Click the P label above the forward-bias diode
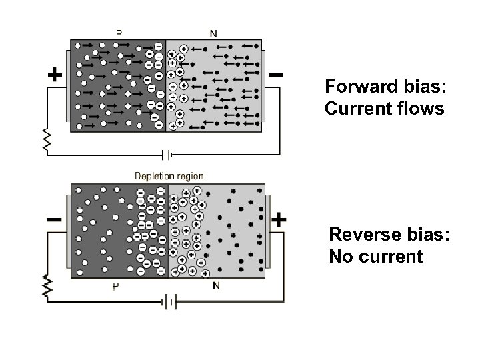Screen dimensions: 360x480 (x=119, y=31)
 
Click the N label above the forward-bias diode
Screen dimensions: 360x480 (x=213, y=32)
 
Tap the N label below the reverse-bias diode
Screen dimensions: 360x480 (x=215, y=286)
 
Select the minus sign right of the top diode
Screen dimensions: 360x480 (x=275, y=75)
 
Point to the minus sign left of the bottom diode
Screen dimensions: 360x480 (x=54, y=219)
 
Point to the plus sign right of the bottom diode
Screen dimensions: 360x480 (x=279, y=219)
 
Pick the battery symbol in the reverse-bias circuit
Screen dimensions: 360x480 (x=168, y=303)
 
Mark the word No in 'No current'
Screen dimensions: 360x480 (x=340, y=257)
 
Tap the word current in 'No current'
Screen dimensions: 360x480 (x=389, y=257)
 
